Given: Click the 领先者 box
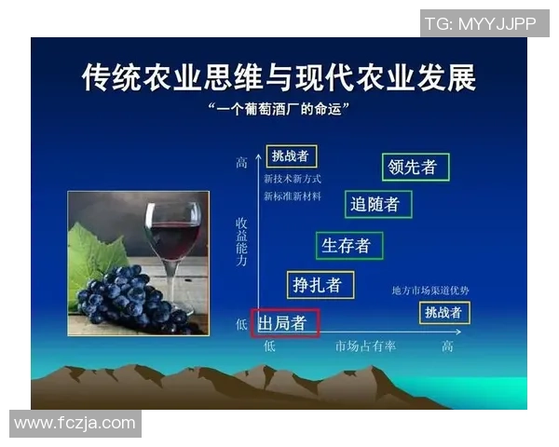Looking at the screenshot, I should click(416, 167).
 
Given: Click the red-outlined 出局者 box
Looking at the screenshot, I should click(284, 323).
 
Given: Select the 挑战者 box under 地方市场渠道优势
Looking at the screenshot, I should click(443, 312).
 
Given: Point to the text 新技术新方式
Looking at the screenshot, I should click(293, 178).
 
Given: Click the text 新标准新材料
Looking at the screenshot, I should click(293, 196).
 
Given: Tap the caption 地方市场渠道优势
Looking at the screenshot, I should click(430, 291).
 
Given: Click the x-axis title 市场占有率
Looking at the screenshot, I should click(365, 346).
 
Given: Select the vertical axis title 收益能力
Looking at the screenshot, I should click(241, 243).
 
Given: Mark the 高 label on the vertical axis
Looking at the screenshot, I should click(241, 162).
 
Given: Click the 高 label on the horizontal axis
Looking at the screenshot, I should click(447, 346).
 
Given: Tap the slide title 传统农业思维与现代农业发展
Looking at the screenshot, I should click(279, 77).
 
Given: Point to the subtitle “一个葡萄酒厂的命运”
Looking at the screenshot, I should click(279, 109).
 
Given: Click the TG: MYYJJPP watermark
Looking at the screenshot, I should click(481, 24).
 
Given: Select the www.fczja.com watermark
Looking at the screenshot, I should click(75, 423).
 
